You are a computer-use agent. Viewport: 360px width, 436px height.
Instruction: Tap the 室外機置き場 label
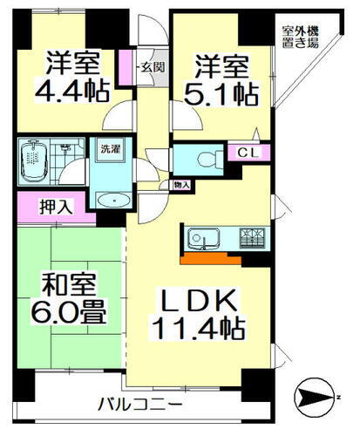pos(299,37)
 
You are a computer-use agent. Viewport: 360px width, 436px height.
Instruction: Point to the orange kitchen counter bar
pos(210,258)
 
